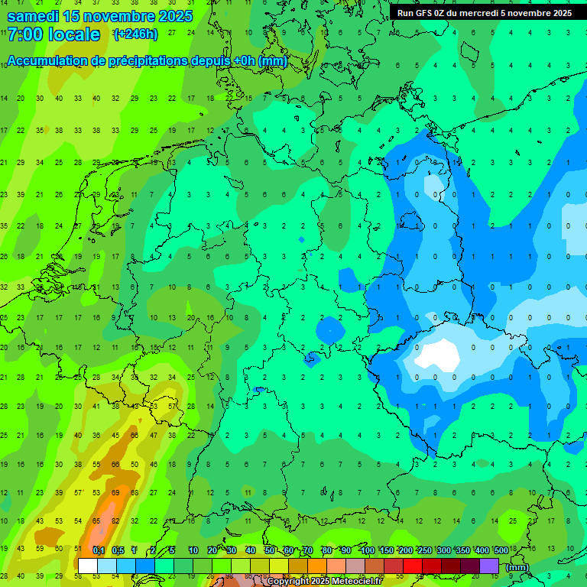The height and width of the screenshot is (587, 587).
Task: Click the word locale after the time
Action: tap(73, 34)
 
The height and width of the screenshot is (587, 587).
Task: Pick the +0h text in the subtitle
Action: tap(243, 60)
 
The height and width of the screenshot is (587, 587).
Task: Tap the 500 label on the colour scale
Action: tap(501, 550)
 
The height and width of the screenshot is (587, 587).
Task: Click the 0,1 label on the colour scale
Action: tap(98, 550)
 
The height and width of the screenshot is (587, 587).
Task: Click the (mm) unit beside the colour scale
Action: tap(517, 567)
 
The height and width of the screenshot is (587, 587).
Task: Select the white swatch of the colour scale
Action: tap(88, 566)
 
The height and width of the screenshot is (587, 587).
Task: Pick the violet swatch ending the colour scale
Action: tap(489, 566)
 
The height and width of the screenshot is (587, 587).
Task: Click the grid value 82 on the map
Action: tap(115, 521)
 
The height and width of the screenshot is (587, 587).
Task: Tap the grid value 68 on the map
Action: tap(134, 492)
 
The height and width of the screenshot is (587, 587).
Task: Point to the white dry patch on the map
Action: tap(438, 354)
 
